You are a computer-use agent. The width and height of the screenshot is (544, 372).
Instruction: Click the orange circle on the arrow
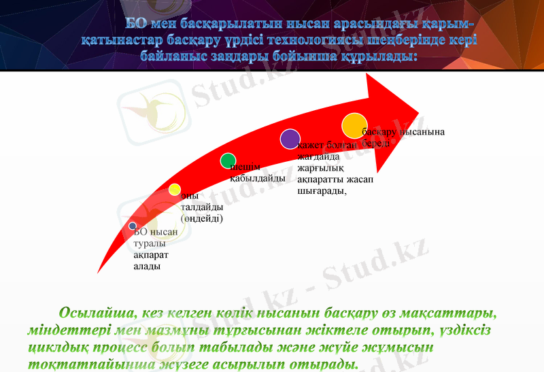[x=354, y=126]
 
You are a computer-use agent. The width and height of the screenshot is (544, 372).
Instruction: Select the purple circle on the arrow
[x=290, y=139]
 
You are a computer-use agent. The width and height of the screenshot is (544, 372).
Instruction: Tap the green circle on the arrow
[x=228, y=161]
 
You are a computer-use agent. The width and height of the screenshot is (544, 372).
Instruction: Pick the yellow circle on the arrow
[x=175, y=190]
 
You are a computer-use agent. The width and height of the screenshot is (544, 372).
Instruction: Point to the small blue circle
[x=133, y=226]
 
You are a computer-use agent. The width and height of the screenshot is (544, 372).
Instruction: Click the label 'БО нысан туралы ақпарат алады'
[x=155, y=249]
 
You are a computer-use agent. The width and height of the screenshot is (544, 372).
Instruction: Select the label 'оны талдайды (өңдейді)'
[x=201, y=207]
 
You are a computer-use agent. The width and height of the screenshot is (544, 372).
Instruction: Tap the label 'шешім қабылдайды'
[x=256, y=173]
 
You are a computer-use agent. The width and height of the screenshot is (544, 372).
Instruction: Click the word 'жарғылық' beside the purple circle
[x=320, y=169]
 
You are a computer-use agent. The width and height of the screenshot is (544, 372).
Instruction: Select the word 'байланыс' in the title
[x=174, y=56]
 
